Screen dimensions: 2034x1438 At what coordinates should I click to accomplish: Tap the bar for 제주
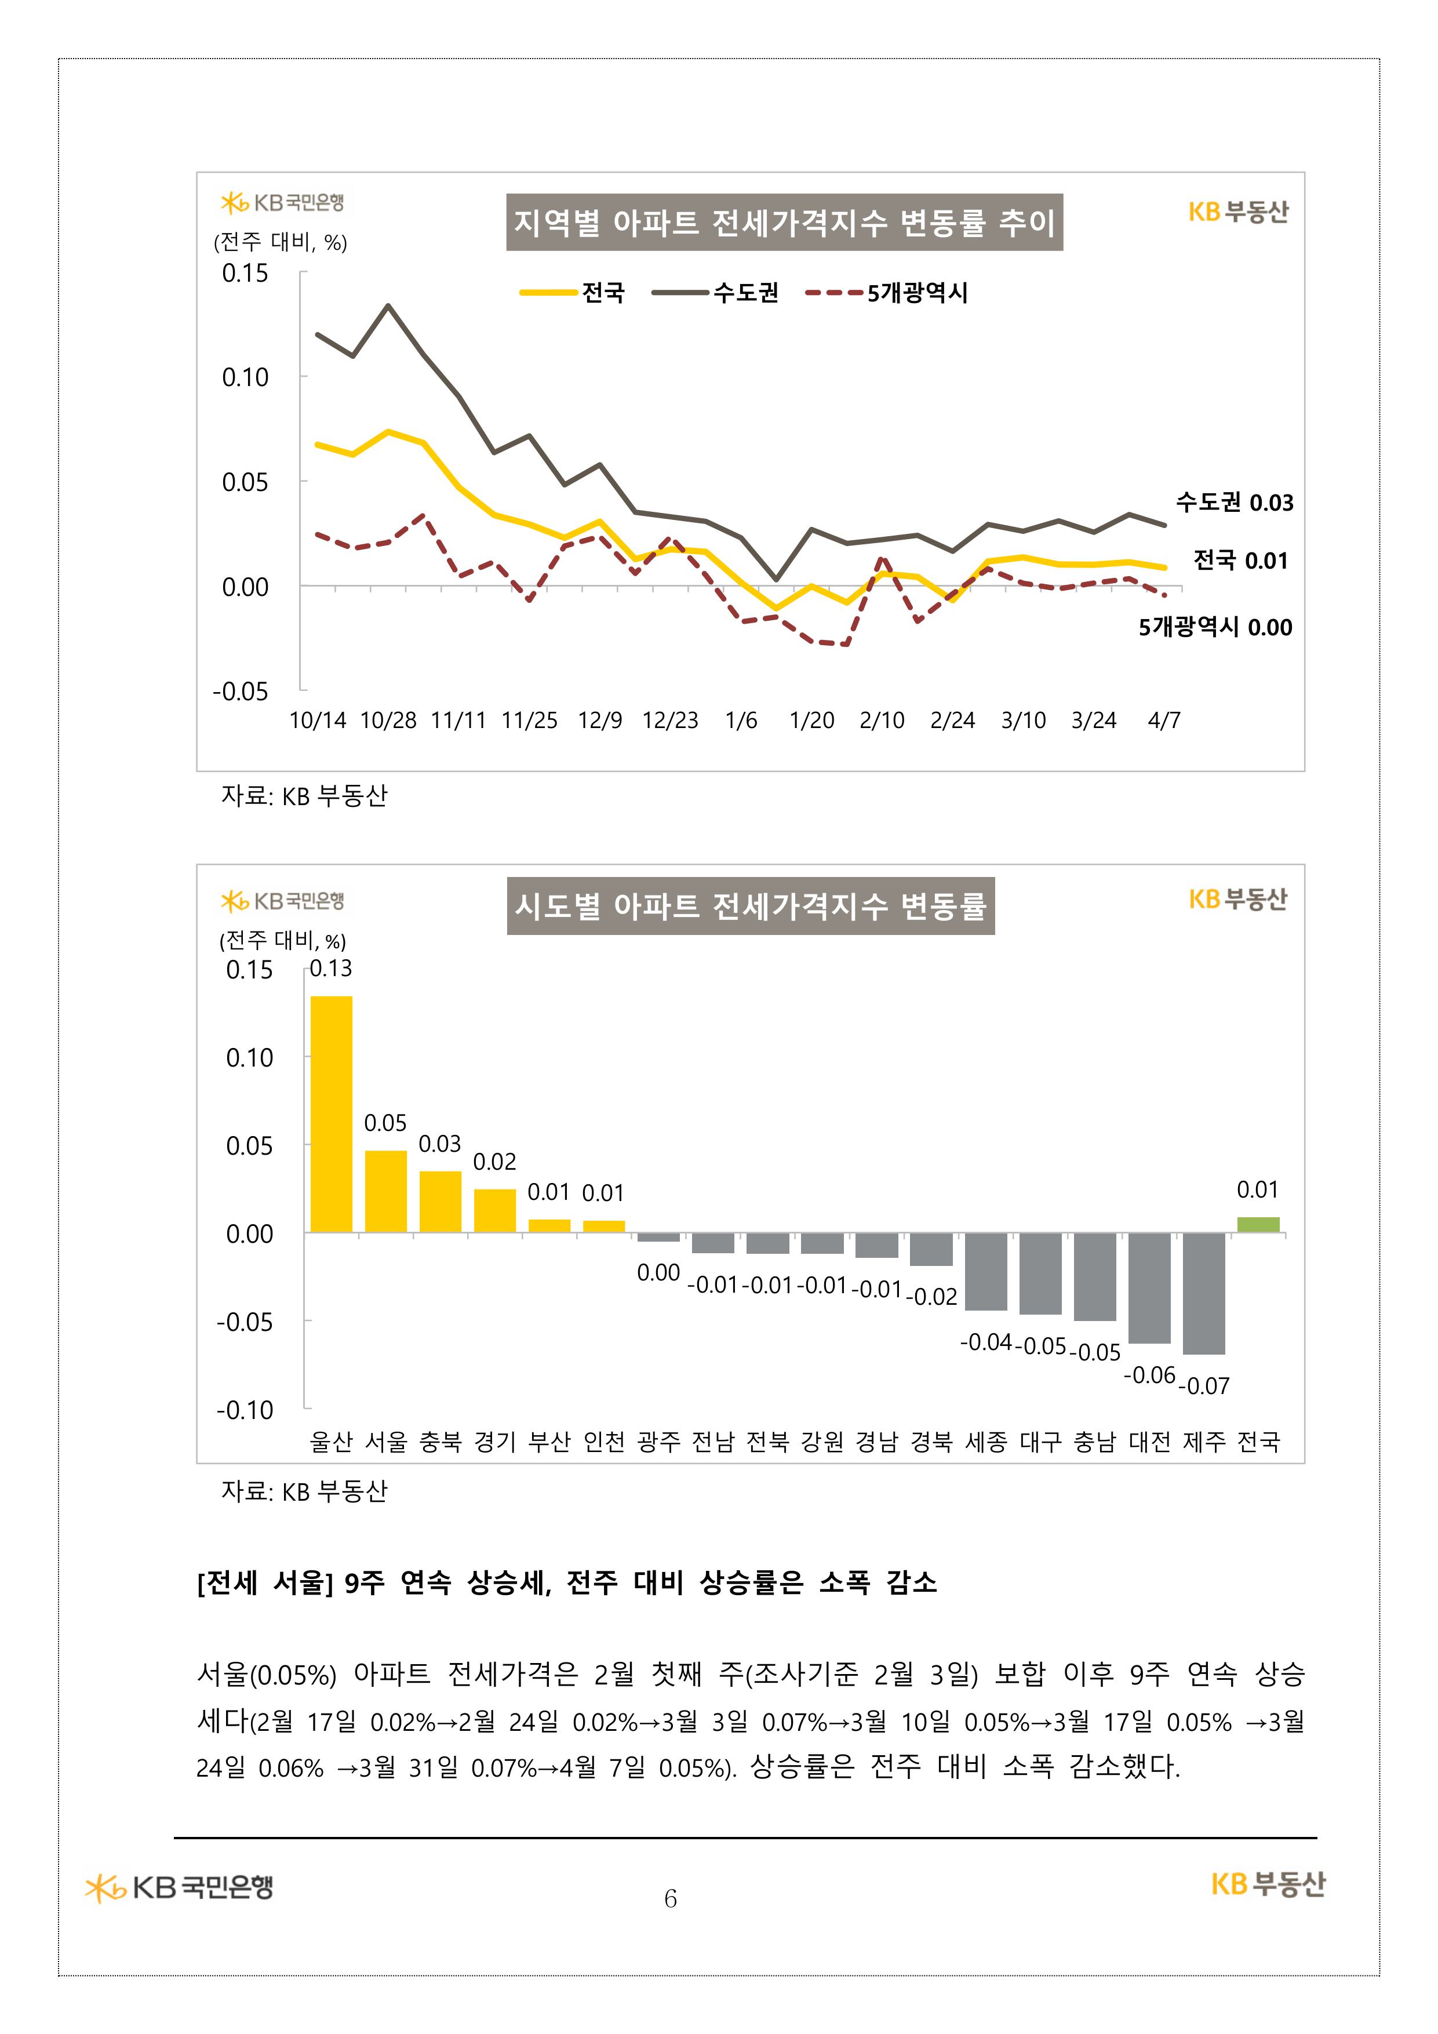click(x=1203, y=1293)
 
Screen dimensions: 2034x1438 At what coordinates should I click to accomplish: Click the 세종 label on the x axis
click(x=985, y=1442)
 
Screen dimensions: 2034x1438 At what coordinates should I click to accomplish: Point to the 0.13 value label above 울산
click(x=330, y=968)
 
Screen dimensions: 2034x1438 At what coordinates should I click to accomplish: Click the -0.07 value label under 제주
click(x=1204, y=1385)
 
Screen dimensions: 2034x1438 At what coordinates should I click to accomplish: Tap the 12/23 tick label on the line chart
click(x=670, y=721)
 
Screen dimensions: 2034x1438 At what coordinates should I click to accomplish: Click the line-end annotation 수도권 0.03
click(x=1234, y=503)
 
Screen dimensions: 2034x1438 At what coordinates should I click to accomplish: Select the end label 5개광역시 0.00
click(x=1215, y=627)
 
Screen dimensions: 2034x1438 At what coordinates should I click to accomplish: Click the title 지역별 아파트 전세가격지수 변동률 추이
click(x=784, y=223)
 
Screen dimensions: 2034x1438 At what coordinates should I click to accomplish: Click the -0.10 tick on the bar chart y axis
click(x=245, y=1410)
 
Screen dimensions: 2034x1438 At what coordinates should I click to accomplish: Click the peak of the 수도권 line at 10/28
click(x=388, y=305)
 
